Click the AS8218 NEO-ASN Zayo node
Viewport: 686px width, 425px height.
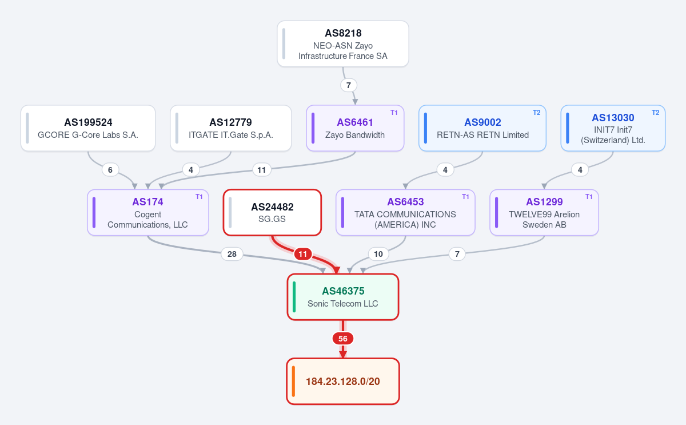coord(342,44)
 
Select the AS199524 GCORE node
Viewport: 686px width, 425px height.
coord(88,128)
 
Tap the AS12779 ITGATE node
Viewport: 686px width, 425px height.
coord(230,128)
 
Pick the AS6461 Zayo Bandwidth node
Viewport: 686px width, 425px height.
coord(355,128)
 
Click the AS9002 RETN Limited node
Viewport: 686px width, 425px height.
coord(482,128)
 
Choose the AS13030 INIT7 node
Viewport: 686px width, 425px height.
coord(613,128)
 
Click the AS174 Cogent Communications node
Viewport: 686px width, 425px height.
coord(148,212)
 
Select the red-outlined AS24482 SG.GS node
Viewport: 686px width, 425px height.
coord(272,212)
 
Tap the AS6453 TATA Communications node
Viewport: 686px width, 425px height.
coord(405,212)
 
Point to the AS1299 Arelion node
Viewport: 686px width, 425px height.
coord(544,212)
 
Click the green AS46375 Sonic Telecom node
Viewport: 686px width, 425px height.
coord(342,297)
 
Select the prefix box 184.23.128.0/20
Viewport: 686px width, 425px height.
coord(342,381)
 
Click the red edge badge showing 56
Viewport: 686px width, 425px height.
coord(342,339)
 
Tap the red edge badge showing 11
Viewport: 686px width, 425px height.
coord(303,254)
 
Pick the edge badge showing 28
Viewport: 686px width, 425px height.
coord(232,254)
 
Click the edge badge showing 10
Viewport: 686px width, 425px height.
coord(378,254)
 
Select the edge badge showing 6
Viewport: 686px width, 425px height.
coord(110,170)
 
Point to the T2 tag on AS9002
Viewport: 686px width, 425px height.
coord(537,113)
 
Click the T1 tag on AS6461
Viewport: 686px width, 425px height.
coord(394,113)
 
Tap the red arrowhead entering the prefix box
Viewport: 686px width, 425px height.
coord(342,354)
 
